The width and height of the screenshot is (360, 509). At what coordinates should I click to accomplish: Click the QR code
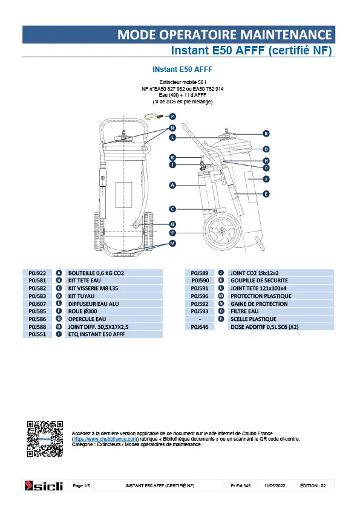coord(45,439)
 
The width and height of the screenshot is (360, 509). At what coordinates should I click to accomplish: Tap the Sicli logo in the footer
coord(44,485)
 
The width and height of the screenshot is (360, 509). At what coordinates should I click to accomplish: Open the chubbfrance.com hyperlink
coord(105,439)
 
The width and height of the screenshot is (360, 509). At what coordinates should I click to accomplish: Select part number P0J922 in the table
coord(38,273)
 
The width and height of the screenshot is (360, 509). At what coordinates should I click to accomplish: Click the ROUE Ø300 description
coord(82,311)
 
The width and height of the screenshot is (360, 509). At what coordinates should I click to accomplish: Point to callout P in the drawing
coord(172,116)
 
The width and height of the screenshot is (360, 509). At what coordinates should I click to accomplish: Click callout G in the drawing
coord(172,224)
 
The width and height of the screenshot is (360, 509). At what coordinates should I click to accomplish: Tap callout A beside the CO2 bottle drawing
coord(172,185)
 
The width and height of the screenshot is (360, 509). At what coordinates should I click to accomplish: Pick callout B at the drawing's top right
coord(266,134)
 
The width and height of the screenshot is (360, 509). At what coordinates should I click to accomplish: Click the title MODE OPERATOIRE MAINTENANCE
coord(224,34)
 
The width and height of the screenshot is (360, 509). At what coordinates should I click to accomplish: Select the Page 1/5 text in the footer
coord(81,485)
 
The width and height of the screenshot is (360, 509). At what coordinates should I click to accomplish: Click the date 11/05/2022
coord(275,485)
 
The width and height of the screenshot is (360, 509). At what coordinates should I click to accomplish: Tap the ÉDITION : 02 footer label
coord(313,485)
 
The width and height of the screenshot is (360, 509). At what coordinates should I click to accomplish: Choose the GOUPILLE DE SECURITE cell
coord(260,280)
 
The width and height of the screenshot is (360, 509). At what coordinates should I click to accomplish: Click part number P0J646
coord(200,327)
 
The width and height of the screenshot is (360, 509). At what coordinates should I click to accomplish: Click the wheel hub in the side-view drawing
coord(221,231)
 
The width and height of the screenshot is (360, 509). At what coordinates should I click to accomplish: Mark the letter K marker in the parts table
coord(221,280)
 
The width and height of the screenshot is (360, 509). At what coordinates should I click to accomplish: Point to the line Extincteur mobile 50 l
coord(183,82)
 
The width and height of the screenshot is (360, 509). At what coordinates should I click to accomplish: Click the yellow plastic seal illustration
coord(154,116)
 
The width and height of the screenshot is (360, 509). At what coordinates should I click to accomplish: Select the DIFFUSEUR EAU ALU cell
coord(94,304)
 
